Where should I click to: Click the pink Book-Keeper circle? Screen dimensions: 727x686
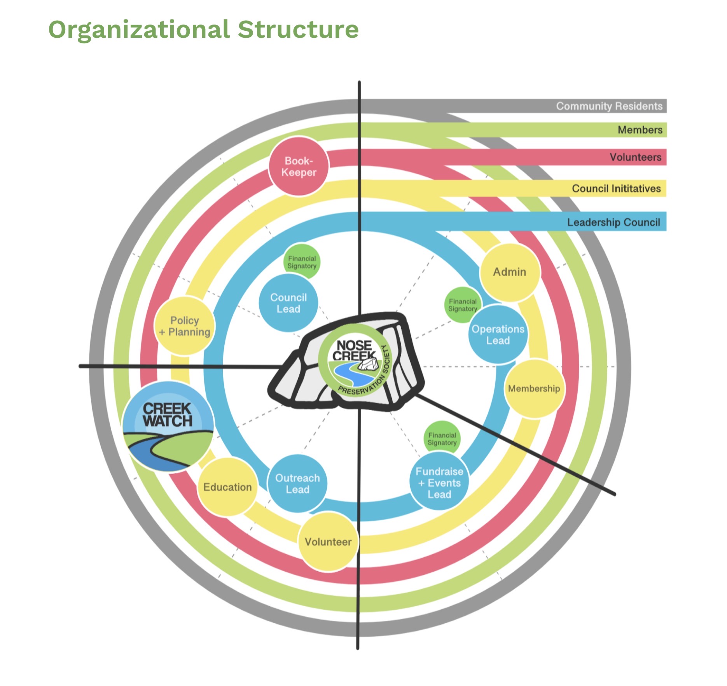299,166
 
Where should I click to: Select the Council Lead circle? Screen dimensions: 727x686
288,303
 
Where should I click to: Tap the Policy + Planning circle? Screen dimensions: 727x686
185,326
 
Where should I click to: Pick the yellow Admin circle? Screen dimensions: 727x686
510,272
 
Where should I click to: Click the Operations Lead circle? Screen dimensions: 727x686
498,334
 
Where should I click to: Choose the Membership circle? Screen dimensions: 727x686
534,388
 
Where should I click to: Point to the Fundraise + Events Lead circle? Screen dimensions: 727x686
439,483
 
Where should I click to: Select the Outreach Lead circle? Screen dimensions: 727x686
297,483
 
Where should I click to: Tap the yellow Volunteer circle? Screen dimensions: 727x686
328,542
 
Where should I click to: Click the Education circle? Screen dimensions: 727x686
228,487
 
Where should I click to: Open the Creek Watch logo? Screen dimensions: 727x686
168,427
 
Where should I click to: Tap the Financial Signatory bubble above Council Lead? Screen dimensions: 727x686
302,262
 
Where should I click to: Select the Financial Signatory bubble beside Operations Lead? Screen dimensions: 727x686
463,305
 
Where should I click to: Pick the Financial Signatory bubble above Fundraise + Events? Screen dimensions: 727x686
442,439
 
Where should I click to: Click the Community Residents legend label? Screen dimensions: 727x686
609,106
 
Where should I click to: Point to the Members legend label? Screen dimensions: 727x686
640,130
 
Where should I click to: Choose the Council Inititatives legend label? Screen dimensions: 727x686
616,189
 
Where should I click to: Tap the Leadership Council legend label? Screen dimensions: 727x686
613,222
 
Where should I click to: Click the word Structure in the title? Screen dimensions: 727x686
298,29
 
